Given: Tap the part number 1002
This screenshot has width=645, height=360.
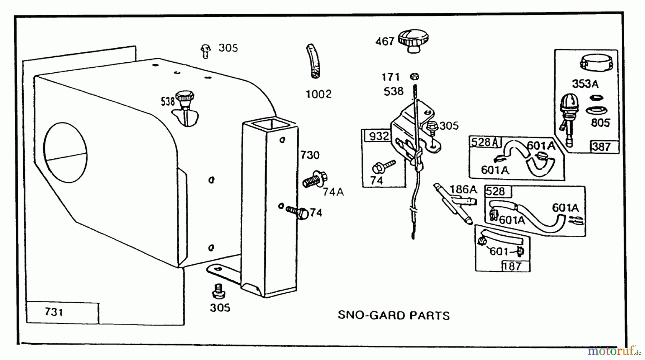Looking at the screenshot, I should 318,94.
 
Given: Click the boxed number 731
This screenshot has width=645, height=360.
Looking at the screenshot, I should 54,312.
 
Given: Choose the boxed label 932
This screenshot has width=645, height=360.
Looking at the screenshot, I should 379,136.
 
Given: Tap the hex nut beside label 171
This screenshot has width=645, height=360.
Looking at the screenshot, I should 414,76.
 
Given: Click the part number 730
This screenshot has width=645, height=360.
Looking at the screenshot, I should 310,155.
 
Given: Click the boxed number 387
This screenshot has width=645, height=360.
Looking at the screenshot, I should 601,147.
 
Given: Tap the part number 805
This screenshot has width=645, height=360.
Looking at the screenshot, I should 600,123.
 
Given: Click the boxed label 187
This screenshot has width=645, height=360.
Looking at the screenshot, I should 512,266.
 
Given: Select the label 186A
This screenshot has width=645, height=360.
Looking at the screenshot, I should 463,189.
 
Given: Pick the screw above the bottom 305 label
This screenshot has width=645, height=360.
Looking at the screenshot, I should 218,291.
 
